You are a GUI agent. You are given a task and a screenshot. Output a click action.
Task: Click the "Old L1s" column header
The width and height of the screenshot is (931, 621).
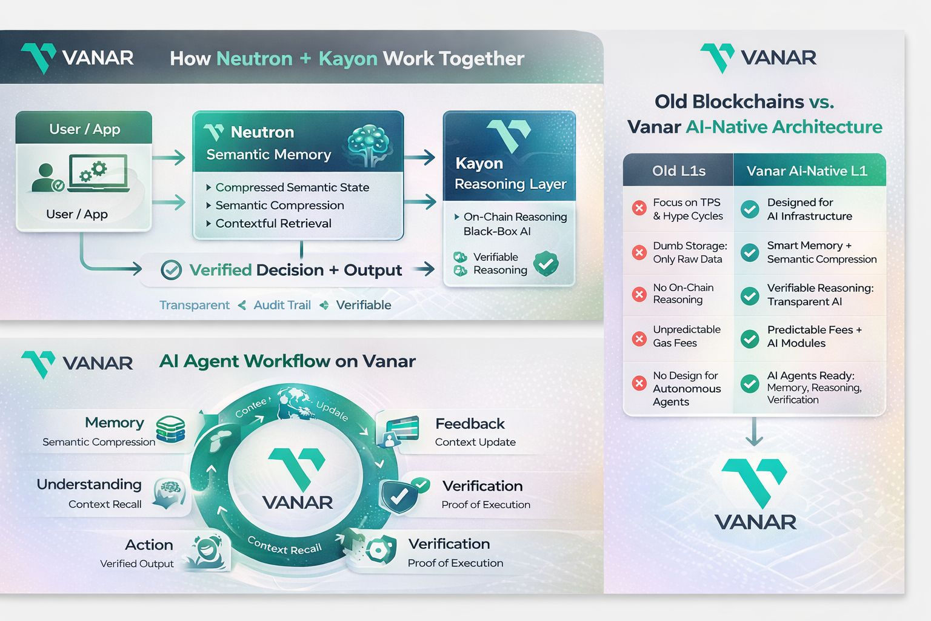(x=678, y=171)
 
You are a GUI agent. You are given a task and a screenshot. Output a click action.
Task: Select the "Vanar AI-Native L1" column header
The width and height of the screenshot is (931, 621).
(x=807, y=171)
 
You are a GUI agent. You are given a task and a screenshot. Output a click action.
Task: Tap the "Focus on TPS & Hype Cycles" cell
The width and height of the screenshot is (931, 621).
(x=687, y=209)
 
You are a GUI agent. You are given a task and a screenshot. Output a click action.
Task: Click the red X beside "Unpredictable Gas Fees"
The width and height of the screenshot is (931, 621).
(x=639, y=338)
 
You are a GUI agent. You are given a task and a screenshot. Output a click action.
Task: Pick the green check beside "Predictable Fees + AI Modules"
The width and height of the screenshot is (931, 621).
(x=750, y=338)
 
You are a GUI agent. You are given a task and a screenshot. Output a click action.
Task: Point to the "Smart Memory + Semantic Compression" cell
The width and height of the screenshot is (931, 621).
(x=821, y=252)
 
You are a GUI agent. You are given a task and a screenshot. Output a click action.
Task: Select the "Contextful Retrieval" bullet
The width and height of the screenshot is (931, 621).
(x=273, y=223)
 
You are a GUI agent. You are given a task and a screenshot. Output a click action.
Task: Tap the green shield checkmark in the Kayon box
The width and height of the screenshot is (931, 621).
(x=546, y=264)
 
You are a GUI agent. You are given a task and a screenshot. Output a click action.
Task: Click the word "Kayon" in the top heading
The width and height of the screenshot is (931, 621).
(x=347, y=59)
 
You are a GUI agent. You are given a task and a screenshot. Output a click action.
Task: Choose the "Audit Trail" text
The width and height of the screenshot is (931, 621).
(x=282, y=305)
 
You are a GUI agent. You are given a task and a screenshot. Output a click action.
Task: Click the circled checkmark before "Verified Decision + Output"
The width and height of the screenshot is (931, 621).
(x=171, y=270)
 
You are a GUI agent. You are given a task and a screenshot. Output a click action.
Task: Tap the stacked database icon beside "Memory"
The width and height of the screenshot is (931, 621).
(x=170, y=429)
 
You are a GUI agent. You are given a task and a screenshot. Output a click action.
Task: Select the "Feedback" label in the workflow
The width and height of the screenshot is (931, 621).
(x=470, y=423)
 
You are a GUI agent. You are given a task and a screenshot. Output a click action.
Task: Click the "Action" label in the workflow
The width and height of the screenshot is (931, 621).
(x=148, y=545)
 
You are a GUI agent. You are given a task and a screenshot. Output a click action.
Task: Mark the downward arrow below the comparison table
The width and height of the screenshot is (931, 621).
(x=754, y=432)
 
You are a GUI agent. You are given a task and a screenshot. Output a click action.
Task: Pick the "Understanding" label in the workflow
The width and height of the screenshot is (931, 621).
(x=89, y=484)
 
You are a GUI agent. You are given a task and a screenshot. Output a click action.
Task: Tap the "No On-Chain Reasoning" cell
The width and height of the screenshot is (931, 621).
(x=682, y=294)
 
